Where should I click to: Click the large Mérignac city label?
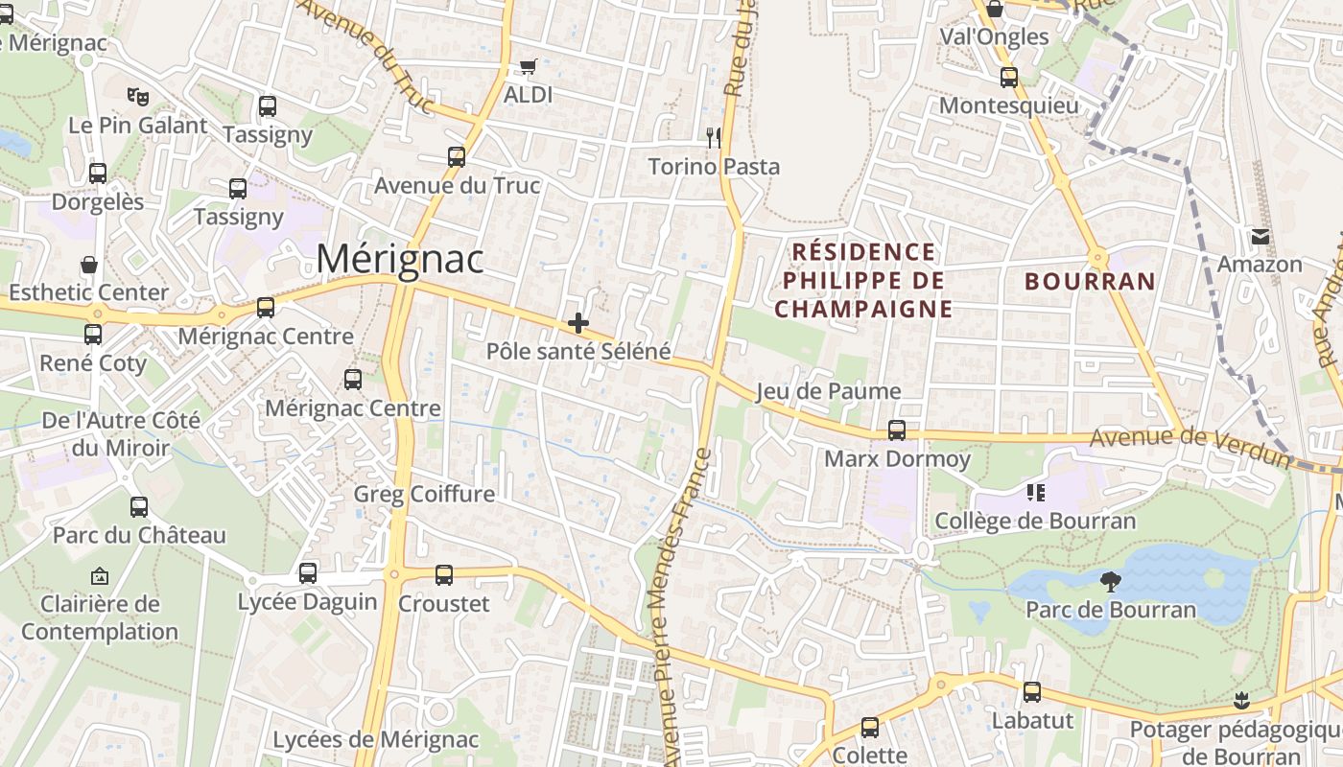pos(400,259)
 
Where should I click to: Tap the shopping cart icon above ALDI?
pos(528,67)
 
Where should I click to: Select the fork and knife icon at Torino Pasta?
pos(713,137)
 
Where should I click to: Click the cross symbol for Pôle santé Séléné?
pos(577,323)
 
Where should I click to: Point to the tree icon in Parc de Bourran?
pos(1111,581)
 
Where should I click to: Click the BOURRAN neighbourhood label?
pos(1090,281)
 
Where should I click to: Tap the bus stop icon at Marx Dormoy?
pos(897,430)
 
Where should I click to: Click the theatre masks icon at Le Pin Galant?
pos(138,96)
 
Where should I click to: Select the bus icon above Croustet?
pos(443,575)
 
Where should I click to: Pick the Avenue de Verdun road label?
pos(1190,444)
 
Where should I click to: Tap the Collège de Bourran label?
pos(1035,522)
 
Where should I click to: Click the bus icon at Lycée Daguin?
pos(307,573)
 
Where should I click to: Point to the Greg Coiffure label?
pos(424,494)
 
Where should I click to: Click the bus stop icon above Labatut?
pos(1032,691)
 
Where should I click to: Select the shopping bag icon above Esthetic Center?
pos(89,265)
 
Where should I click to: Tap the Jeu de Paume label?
pos(828,391)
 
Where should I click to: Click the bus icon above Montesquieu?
pos(1008,78)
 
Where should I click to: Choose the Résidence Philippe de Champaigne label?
pos(862,280)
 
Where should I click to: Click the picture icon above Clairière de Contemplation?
pos(99,576)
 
